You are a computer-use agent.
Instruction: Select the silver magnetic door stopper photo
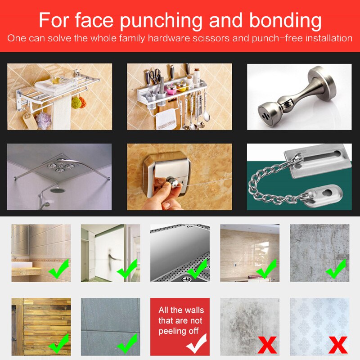[x=299, y=97]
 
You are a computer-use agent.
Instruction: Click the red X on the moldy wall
[x=267, y=345]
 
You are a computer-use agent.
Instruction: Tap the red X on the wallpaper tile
[x=337, y=345]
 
